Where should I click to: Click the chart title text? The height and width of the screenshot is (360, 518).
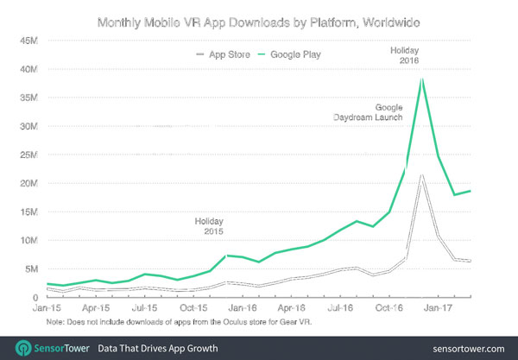tap(259, 19)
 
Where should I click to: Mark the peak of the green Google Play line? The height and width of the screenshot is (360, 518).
tap(421, 79)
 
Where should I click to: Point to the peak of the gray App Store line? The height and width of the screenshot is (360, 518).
tap(421, 175)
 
